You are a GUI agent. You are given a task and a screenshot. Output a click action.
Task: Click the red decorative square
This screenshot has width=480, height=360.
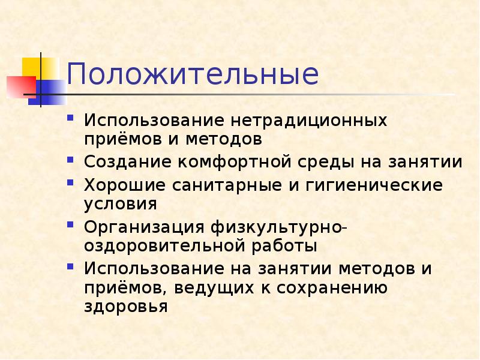point(19,86)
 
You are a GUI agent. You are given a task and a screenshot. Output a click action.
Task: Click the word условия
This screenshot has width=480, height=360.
point(121,203)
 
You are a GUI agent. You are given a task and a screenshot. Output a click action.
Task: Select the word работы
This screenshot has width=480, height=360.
point(288,246)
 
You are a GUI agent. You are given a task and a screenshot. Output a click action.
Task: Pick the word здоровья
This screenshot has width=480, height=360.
point(125,308)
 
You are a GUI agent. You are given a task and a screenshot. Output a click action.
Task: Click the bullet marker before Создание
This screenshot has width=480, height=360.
point(71,161)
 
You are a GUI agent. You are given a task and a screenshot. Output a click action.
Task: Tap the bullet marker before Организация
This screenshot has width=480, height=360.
point(71,225)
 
